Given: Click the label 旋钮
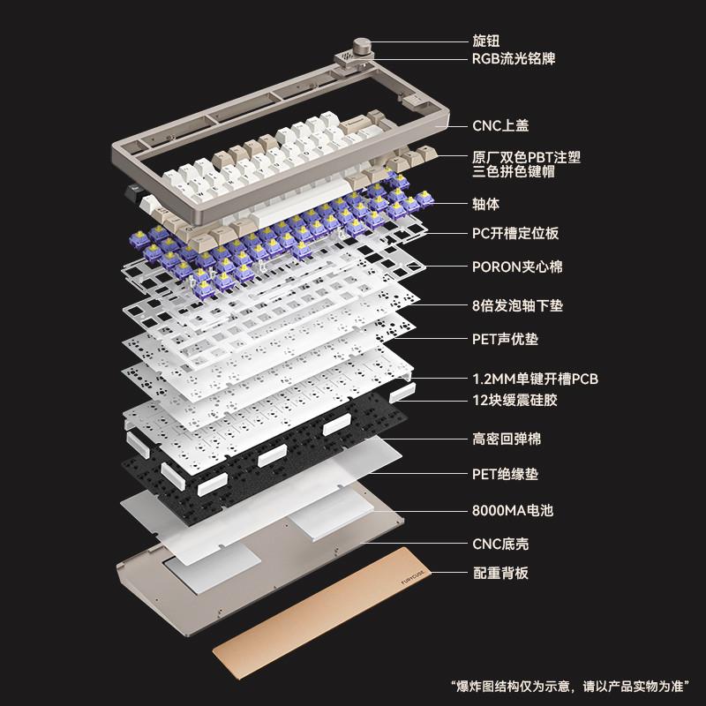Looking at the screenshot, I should [484, 41].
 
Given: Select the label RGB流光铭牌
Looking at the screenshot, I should [514, 59].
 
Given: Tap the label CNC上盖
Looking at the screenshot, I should [499, 126].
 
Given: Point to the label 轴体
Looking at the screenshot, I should [485, 204].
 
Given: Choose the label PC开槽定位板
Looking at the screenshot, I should [515, 234].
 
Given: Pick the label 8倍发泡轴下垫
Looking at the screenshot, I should [517, 305].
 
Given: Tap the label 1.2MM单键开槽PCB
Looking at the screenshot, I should [529, 379].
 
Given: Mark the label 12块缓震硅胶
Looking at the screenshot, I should [514, 400].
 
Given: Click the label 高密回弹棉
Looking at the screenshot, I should [506, 438].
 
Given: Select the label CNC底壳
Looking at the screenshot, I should [500, 544].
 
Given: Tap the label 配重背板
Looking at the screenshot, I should [499, 574].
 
